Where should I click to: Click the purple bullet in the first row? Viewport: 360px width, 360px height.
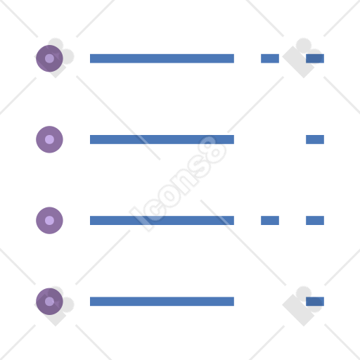[x=49, y=58]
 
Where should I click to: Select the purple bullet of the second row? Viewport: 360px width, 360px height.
[x=49, y=139]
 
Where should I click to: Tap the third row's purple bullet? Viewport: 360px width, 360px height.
[x=49, y=220]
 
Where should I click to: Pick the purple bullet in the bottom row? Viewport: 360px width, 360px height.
[x=49, y=302]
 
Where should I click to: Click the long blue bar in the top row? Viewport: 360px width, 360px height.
[x=162, y=58]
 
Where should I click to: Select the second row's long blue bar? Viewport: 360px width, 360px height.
[x=162, y=139]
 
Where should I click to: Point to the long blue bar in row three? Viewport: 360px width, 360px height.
[x=162, y=220]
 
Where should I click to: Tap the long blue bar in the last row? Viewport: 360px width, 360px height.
[x=162, y=302]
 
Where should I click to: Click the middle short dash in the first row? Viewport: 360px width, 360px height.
[x=270, y=58]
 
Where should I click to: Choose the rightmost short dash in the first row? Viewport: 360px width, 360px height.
[x=315, y=58]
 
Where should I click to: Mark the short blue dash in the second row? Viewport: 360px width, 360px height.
[x=315, y=139]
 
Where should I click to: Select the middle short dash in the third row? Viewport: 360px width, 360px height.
[x=270, y=220]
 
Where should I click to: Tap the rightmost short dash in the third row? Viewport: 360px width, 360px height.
[x=315, y=220]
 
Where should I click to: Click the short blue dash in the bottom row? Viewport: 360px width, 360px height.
[x=315, y=302]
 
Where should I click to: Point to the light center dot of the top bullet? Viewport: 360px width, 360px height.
[x=49, y=58]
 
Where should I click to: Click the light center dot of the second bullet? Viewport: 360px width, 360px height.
[x=49, y=139]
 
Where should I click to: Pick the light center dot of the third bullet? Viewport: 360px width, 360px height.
[x=49, y=220]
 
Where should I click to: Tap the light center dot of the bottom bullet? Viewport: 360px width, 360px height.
[x=49, y=302]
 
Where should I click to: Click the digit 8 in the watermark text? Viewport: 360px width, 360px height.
[x=212, y=150]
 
